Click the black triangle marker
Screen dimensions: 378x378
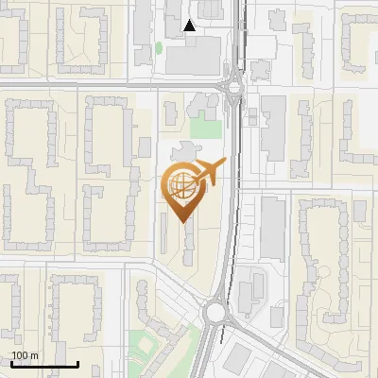(x=190, y=26)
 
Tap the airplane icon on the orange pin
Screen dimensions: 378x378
(x=209, y=172)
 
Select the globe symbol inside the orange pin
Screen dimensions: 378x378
(x=181, y=185)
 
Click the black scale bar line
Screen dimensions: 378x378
(x=43, y=365)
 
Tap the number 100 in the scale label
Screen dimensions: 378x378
(x=20, y=355)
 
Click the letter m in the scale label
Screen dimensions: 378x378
(x=34, y=355)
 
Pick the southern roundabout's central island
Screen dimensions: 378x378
(x=216, y=311)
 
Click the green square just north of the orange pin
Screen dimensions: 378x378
(x=204, y=128)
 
